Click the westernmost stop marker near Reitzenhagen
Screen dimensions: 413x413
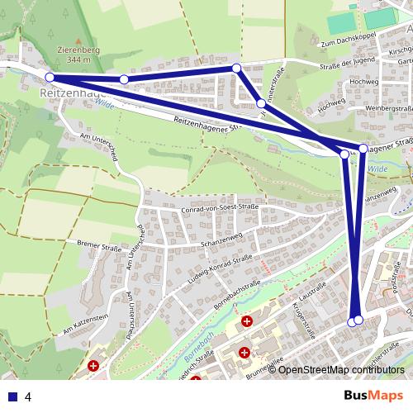(x=50, y=78)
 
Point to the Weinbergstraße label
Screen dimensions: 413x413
(x=387, y=107)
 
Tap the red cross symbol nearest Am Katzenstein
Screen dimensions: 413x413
(x=93, y=364)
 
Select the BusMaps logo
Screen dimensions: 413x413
(x=374, y=396)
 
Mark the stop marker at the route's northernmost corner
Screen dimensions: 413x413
(x=236, y=68)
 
